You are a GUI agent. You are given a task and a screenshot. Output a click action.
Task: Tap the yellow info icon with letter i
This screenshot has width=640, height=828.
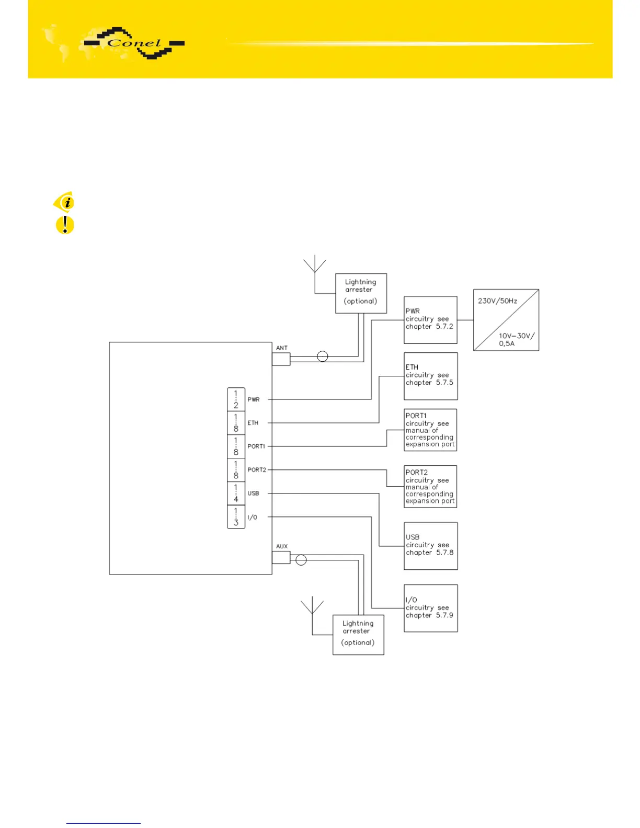click(x=64, y=202)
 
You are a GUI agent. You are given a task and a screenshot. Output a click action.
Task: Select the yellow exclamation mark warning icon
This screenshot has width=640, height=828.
click(x=65, y=225)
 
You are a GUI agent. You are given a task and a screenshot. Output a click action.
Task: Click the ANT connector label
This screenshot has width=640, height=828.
click(x=282, y=348)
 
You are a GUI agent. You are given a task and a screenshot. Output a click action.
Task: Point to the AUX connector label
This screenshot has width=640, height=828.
click(x=282, y=546)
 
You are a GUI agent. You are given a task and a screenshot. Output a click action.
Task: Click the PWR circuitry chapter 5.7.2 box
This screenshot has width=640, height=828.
click(x=430, y=320)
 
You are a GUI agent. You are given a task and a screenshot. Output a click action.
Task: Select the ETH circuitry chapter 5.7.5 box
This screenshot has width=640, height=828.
click(x=430, y=376)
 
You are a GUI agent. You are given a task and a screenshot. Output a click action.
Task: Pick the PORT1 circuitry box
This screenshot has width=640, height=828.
click(x=430, y=430)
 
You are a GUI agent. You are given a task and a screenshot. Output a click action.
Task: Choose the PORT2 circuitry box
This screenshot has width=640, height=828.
click(x=430, y=486)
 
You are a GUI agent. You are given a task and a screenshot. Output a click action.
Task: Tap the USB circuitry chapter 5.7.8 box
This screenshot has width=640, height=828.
click(x=430, y=546)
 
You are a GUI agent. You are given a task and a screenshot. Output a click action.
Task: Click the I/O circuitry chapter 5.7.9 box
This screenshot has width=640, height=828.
click(x=430, y=608)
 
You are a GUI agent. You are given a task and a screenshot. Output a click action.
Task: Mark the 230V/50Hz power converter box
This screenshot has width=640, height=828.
click(x=506, y=320)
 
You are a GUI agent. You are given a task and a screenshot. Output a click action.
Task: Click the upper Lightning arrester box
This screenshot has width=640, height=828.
click(x=361, y=293)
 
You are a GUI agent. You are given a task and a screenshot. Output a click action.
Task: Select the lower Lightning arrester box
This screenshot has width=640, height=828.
click(x=358, y=635)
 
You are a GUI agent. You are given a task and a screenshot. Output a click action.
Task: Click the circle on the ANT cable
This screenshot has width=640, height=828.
click(x=323, y=356)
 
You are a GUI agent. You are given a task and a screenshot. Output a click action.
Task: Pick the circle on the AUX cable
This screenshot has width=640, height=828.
click(x=301, y=560)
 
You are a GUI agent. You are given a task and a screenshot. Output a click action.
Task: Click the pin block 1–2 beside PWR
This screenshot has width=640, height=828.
click(x=236, y=399)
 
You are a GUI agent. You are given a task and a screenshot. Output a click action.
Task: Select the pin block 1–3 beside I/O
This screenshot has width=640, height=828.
click(x=236, y=516)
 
